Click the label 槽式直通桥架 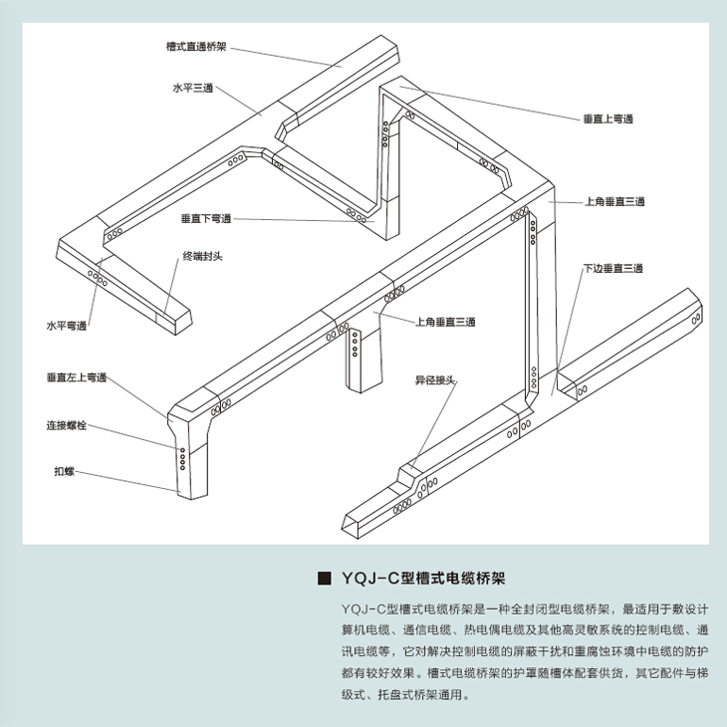(197, 46)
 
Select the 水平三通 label (191, 88)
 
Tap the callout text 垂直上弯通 (608, 119)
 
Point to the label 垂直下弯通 (205, 219)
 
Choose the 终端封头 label (202, 256)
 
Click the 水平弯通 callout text (67, 326)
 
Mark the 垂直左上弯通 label (76, 378)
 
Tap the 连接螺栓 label (67, 425)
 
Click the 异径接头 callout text (435, 380)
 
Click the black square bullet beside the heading (322, 579)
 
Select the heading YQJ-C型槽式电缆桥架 (425, 579)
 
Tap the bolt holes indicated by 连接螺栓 (182, 458)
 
